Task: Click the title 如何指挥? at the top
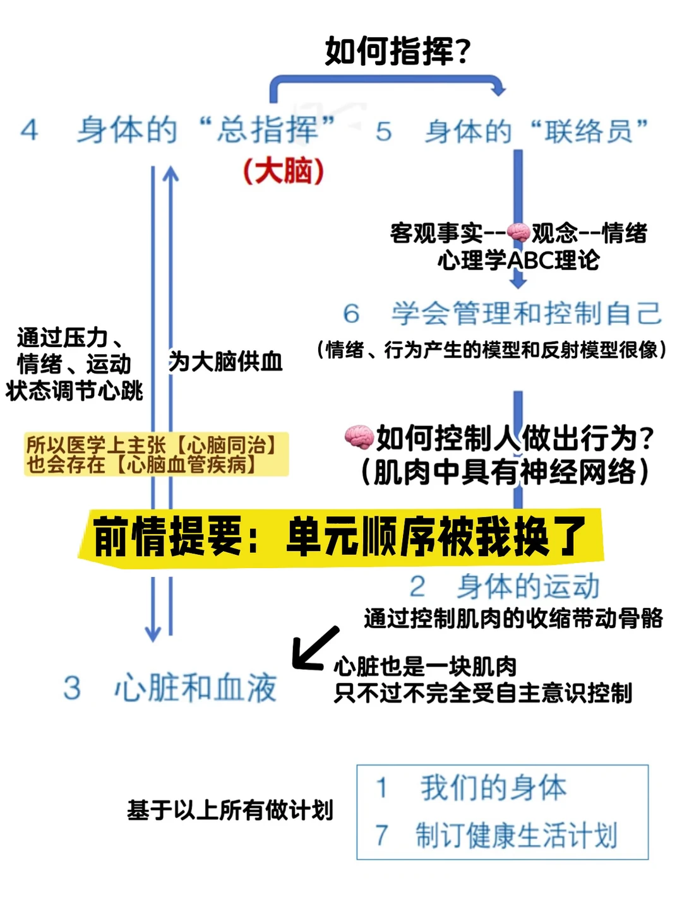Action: tap(397, 51)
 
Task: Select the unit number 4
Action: tap(29, 131)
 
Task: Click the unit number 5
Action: tap(383, 132)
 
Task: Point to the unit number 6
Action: tap(351, 314)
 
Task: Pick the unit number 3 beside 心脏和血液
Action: tap(72, 687)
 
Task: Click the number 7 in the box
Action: tap(381, 835)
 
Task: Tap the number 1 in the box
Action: tap(381, 788)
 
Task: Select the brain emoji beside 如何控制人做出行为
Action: tap(359, 437)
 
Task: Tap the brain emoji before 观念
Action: tap(518, 233)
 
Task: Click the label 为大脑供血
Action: tap(225, 362)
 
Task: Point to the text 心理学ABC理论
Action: tap(518, 260)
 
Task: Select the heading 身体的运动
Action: tap(527, 586)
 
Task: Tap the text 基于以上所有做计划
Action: tap(230, 810)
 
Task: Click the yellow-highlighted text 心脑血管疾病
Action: tap(186, 465)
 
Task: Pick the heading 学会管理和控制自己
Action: tap(527, 314)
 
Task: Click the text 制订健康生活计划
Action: tap(516, 835)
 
